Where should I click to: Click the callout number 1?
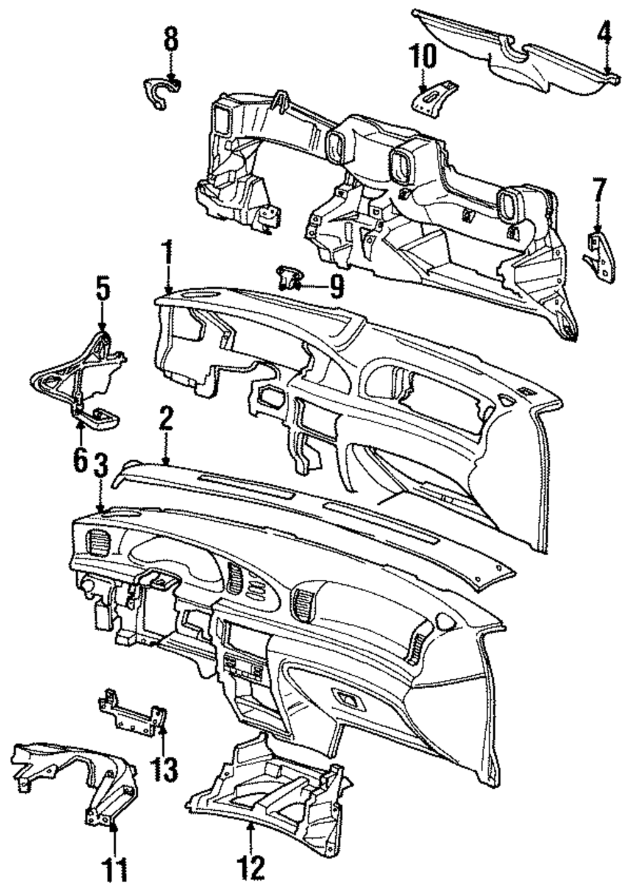pyautogui.click(x=167, y=254)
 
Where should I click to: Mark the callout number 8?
pyautogui.click(x=171, y=39)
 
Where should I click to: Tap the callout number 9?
pyautogui.click(x=337, y=288)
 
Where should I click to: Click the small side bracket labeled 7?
pyautogui.click(x=596, y=252)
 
